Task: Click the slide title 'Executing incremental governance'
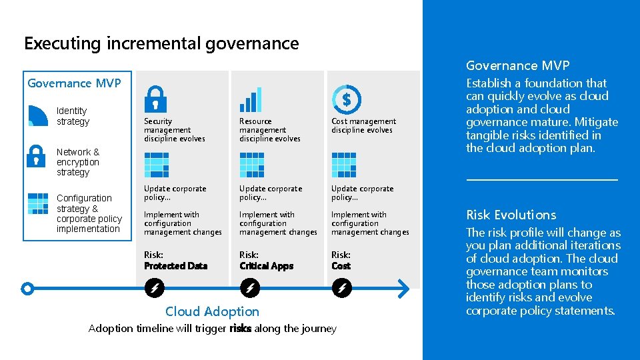click(x=161, y=44)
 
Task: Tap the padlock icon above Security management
click(x=155, y=99)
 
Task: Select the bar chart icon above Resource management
click(x=251, y=99)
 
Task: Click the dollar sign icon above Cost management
click(x=345, y=99)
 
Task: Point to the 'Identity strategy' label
click(x=72, y=116)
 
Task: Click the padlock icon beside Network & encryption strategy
click(x=36, y=156)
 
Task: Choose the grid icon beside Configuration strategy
click(x=38, y=203)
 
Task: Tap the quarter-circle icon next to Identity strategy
click(x=38, y=116)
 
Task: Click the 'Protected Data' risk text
click(x=175, y=266)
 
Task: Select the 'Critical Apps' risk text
click(x=266, y=266)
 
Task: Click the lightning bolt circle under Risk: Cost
click(x=341, y=289)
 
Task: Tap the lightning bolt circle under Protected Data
click(x=154, y=289)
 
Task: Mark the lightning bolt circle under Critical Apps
click(x=249, y=289)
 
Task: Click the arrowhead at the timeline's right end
click(x=402, y=289)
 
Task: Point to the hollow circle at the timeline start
click(x=27, y=289)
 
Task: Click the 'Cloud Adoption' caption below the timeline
click(x=212, y=311)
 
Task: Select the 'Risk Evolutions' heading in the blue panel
click(x=511, y=215)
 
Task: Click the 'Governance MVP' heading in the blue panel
click(x=517, y=65)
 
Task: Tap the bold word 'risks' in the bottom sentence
click(x=240, y=329)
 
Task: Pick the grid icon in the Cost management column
click(x=344, y=165)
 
